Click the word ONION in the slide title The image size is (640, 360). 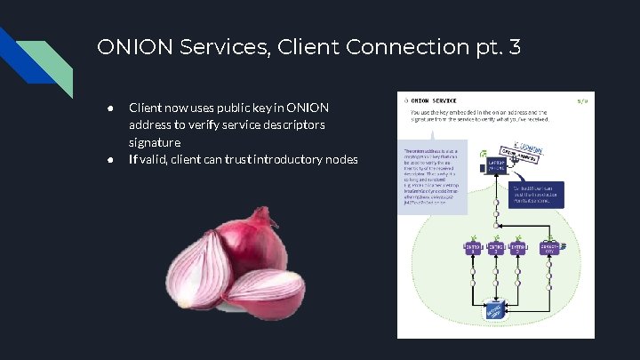click(127, 46)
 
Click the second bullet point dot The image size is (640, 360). click(109, 160)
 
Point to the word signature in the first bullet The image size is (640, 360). click(155, 142)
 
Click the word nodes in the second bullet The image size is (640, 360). click(339, 160)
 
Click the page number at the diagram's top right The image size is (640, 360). click(583, 100)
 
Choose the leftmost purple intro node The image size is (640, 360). click(474, 246)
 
